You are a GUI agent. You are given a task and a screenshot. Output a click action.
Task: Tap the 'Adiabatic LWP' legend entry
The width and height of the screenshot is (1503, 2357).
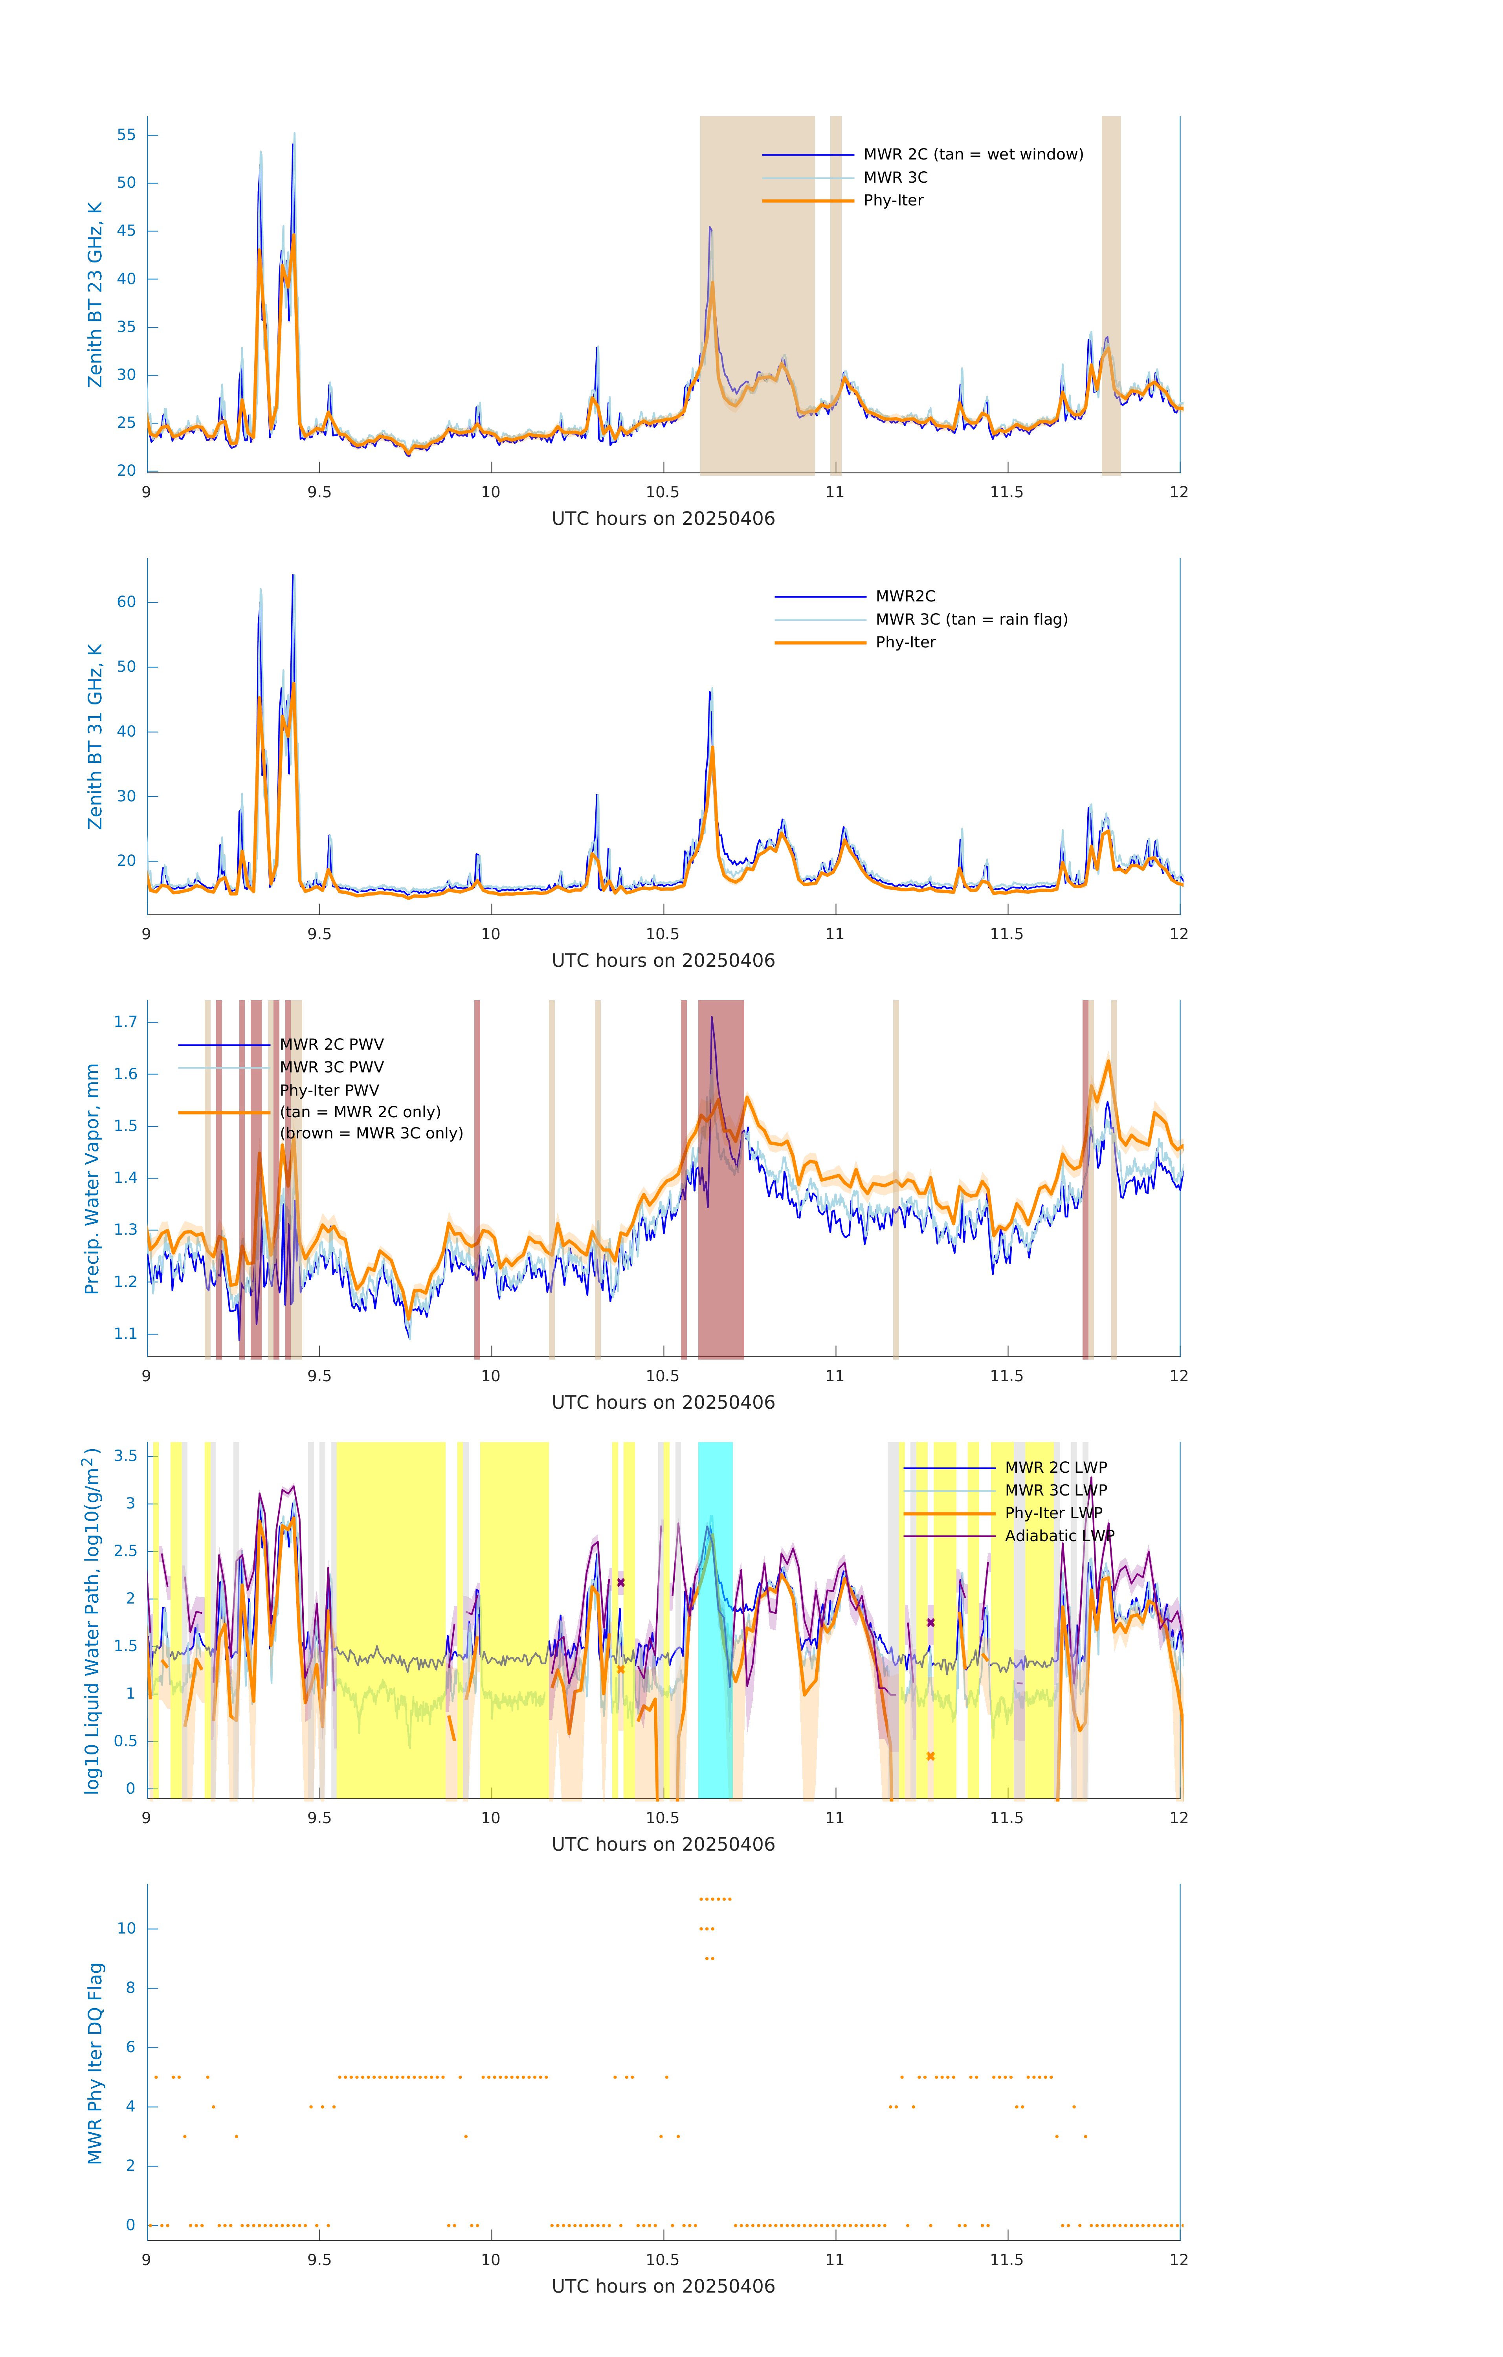[x=1059, y=1535]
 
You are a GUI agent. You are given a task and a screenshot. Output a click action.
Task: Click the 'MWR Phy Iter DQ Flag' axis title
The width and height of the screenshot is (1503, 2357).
[x=95, y=2062]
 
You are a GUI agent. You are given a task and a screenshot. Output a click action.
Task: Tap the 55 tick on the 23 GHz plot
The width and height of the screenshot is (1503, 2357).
[x=126, y=135]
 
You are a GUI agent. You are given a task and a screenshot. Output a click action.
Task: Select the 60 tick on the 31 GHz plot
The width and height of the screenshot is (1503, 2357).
[x=126, y=602]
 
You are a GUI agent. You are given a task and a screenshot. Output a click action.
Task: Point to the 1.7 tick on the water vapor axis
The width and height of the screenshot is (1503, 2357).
[x=125, y=1022]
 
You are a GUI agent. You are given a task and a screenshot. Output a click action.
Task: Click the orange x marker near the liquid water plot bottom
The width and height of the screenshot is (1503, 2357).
[x=930, y=1756]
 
